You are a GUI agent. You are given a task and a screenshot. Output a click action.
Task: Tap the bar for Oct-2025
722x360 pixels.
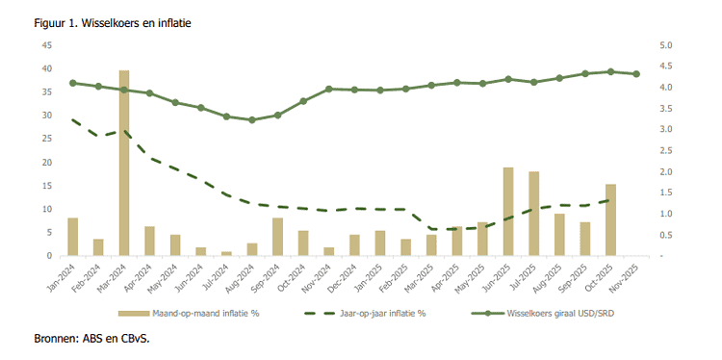[610, 219]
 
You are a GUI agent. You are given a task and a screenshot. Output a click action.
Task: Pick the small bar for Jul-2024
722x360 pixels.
[226, 253]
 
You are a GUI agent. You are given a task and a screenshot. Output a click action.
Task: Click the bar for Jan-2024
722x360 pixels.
[73, 237]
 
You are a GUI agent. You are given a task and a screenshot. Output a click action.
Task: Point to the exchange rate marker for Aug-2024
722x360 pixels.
[252, 120]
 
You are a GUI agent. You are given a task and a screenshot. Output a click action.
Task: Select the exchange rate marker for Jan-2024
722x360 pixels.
[73, 83]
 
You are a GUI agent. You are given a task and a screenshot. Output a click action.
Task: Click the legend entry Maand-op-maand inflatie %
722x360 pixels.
[205, 314]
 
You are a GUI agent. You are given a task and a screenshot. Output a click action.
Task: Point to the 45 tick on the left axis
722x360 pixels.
[47, 45]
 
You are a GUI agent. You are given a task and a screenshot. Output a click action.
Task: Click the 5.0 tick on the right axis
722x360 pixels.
[665, 45]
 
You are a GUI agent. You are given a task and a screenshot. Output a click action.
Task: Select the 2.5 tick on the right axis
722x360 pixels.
[665, 150]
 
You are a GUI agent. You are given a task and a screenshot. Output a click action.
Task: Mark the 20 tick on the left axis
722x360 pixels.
[47, 162]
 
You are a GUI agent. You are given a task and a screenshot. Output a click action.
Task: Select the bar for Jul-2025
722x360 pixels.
[533, 214]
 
